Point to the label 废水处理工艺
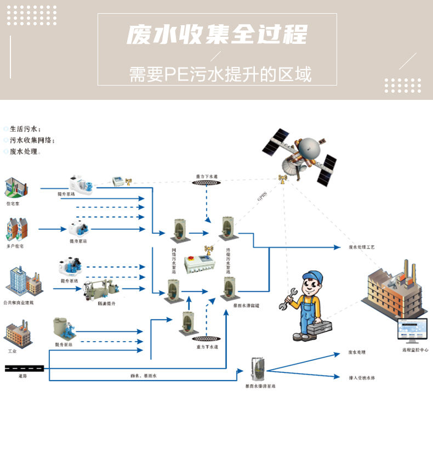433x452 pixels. click(x=362, y=247)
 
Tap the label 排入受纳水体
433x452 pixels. click(x=362, y=378)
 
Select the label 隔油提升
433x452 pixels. click(x=106, y=303)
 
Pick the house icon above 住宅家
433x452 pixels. click(x=15, y=188)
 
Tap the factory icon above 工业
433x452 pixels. click(x=16, y=334)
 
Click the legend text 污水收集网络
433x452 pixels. click(x=32, y=140)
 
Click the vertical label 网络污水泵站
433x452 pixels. click(x=174, y=261)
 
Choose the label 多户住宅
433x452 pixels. click(x=15, y=246)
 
